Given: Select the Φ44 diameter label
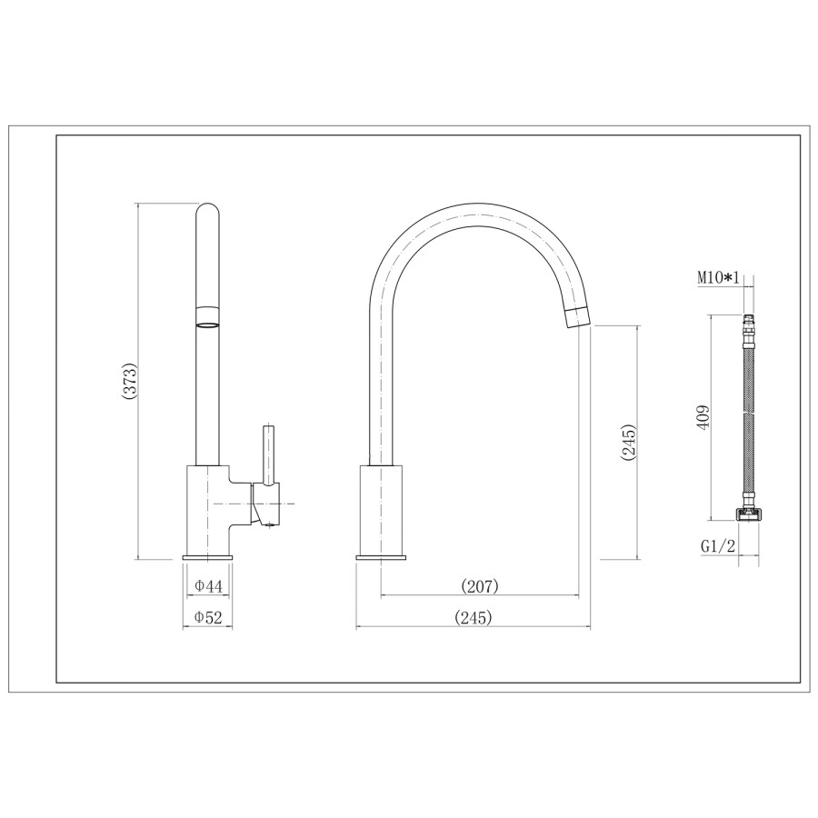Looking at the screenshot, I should (208, 587).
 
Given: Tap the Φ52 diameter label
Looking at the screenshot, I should (208, 617).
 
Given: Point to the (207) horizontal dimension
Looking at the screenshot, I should (480, 587).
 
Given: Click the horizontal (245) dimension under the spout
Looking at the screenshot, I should (473, 617).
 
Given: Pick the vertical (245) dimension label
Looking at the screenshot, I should (628, 444).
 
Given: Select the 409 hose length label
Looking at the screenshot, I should (702, 417).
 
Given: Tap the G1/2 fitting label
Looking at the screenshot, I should (718, 547).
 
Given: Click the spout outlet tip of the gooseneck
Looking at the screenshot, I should (578, 317).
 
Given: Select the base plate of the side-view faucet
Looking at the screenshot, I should (208, 556).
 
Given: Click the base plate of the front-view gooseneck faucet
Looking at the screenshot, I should (381, 556).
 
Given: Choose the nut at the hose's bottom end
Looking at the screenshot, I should (747, 515).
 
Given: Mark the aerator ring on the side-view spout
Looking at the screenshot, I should (208, 321).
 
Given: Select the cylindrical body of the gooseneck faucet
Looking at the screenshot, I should (381, 509).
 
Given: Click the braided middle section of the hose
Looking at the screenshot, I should (748, 418).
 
